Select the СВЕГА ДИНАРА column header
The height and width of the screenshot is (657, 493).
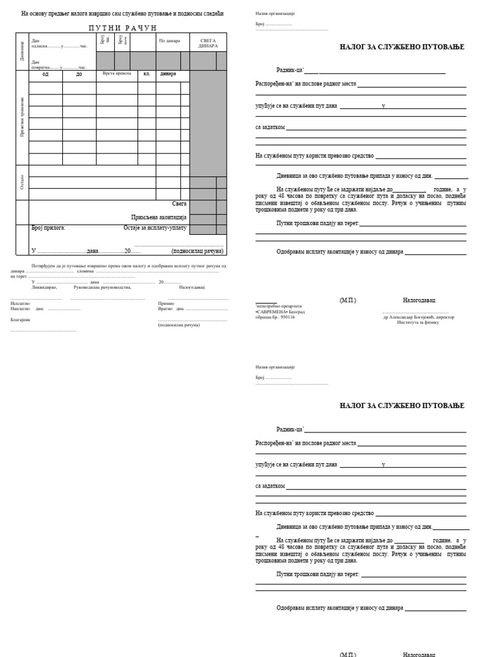point(208,43)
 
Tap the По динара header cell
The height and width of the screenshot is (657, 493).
point(169,41)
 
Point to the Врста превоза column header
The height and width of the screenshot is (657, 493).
point(116,74)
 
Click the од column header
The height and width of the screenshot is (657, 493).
point(45,74)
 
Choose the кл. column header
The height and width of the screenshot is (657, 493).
point(146,74)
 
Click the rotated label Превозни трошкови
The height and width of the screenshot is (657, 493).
point(22,117)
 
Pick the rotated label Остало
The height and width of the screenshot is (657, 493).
point(22,182)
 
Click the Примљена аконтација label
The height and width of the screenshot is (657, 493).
point(159,218)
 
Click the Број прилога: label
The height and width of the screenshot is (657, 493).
point(49,228)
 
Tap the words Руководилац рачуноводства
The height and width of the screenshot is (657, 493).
point(102,287)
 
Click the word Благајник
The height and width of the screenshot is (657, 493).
point(20,319)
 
